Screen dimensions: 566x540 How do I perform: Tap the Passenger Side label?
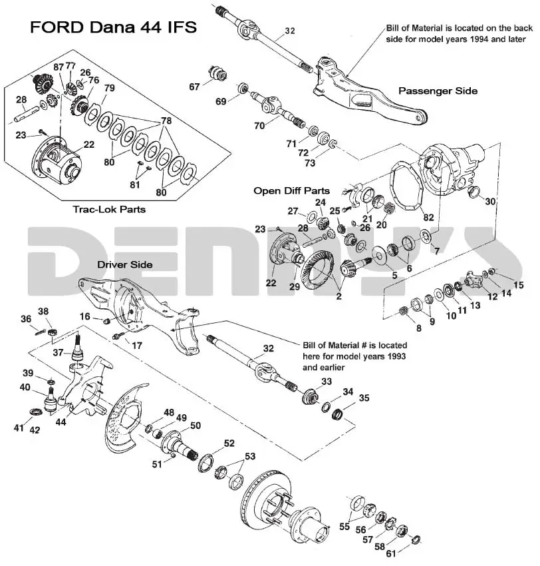coord(438,91)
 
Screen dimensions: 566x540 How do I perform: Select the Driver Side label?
coord(126,264)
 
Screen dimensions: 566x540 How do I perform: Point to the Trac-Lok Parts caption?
coord(109,209)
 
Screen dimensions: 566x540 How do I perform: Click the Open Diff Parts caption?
coord(292,190)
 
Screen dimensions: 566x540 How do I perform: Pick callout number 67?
coord(194,87)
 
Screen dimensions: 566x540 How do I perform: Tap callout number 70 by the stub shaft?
coord(259,125)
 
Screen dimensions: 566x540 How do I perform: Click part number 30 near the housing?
coord(491,201)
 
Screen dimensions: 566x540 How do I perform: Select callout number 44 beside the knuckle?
coord(61,422)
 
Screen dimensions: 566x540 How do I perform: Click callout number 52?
coord(229,443)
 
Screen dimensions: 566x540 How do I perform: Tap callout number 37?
coord(58,352)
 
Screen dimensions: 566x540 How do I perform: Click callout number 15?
coord(518,285)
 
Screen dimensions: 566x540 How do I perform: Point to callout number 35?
coord(364,398)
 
